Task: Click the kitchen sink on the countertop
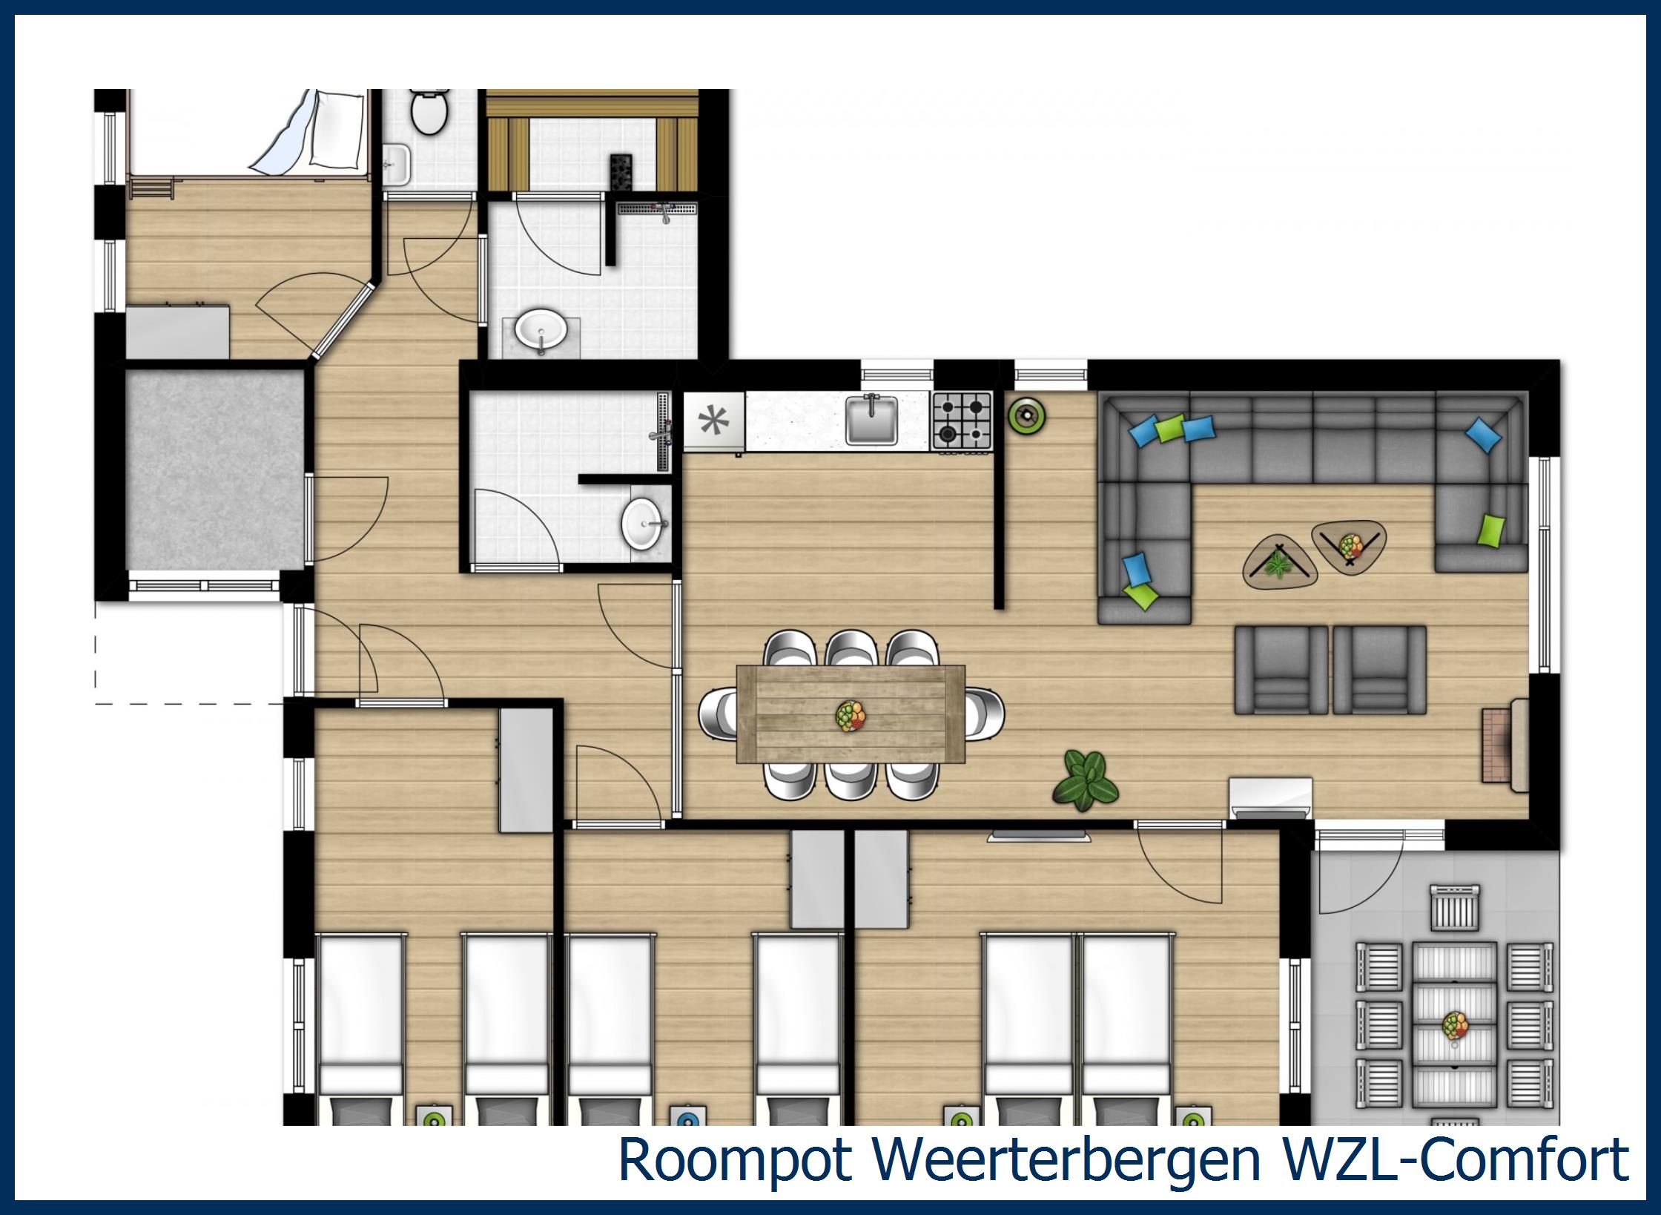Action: click(871, 420)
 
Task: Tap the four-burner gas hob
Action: click(962, 420)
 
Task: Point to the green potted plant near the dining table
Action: click(1085, 780)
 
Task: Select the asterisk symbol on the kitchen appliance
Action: click(713, 421)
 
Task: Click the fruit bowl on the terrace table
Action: click(1455, 1026)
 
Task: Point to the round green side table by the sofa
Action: click(1028, 416)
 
